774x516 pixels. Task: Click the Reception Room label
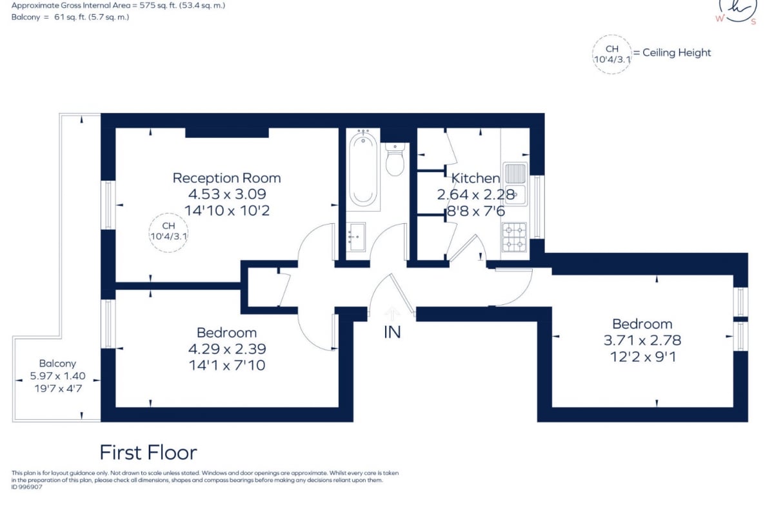(x=226, y=178)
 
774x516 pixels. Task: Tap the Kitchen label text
(x=476, y=178)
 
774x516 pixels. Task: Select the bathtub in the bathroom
(x=363, y=170)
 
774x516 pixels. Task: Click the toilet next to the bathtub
(x=395, y=160)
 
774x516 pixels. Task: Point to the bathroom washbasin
(x=356, y=237)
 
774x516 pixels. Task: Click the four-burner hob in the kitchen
(x=515, y=237)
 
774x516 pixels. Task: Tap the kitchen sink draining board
(x=515, y=173)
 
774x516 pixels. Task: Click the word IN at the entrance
(x=393, y=332)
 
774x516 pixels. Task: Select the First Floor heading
(x=148, y=452)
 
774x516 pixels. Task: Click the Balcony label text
(x=57, y=364)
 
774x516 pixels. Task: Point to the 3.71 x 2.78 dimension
(x=642, y=341)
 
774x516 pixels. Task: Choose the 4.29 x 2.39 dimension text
(x=227, y=349)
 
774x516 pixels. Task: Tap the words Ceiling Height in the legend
(x=677, y=52)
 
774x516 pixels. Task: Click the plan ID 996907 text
(x=27, y=488)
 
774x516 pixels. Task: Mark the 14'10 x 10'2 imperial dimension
(x=227, y=210)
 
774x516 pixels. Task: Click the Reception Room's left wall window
(x=108, y=205)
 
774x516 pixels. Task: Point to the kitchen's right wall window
(x=537, y=207)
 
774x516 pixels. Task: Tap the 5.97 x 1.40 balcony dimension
(x=57, y=375)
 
